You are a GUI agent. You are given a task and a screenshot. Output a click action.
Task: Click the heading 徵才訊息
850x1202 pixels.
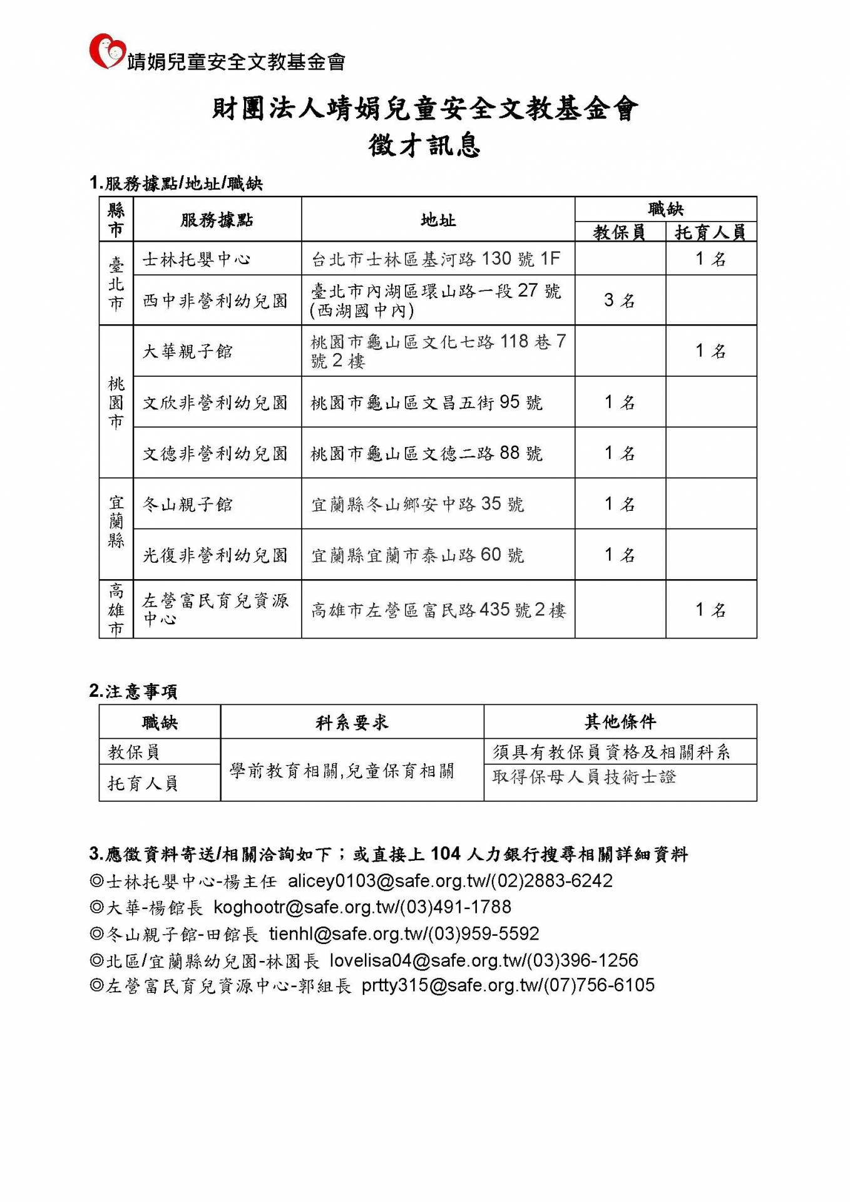424,145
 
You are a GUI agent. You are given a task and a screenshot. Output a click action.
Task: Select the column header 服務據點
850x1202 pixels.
217,220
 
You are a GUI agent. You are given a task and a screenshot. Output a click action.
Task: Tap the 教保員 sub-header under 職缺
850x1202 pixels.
619,233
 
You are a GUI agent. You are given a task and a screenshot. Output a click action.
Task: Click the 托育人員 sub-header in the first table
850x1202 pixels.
710,233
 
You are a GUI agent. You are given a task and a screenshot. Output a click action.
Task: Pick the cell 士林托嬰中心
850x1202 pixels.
197,259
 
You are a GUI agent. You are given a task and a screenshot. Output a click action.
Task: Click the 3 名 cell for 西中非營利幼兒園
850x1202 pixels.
619,300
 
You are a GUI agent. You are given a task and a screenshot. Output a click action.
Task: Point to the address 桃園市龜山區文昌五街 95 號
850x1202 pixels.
426,402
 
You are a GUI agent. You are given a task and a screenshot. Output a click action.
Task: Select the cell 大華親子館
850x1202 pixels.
188,351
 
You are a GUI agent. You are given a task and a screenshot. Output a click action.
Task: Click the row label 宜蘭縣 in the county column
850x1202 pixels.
116,521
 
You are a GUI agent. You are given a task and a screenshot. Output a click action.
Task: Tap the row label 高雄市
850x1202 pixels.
116,609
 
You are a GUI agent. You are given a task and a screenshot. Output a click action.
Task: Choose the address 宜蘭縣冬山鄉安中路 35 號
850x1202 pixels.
417,504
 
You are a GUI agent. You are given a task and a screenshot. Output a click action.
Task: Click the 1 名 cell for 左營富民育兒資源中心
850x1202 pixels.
710,610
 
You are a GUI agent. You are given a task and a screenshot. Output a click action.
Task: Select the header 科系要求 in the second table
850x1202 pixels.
352,722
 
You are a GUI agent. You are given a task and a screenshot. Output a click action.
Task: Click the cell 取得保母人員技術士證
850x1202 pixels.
584,777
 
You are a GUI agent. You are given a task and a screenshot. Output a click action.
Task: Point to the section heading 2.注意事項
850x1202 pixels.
133,691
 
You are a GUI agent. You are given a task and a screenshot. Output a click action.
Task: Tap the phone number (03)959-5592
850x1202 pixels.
483,933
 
